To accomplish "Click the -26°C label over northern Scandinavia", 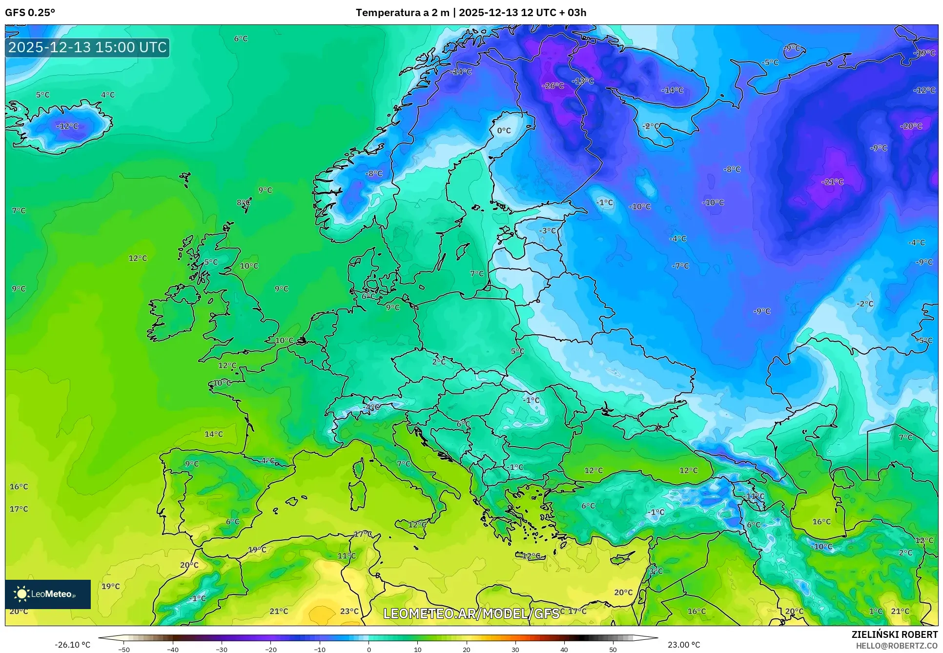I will pos(553,85).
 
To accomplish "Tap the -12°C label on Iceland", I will pos(67,126).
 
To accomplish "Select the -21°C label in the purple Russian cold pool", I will pos(832,182).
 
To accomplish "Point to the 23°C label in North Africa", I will pos(349,611).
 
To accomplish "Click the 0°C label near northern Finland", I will pos(504,130).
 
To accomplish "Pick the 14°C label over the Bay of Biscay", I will pos(213,434).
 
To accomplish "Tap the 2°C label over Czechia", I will pos(438,362).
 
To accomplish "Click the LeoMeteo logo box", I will pos(48,594).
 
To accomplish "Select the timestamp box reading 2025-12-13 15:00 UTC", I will pos(87,47).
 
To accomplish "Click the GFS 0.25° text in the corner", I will pos(30,12).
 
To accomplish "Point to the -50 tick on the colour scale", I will pos(124,650).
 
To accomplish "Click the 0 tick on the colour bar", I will pos(369,650).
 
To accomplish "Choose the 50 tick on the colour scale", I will pos(613,650).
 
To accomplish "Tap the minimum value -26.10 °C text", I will pos(72,645).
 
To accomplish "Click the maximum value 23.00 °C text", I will pos(683,645).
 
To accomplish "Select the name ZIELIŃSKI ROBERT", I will pos(894,634).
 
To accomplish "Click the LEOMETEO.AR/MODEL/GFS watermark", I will pos(471,613).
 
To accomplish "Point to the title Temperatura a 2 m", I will pos(402,12).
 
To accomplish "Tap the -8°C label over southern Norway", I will pos(374,173).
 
